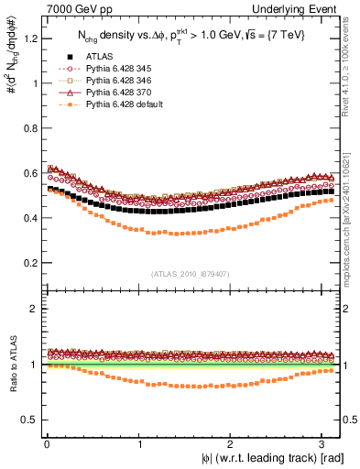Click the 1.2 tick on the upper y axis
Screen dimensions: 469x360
point(33,38)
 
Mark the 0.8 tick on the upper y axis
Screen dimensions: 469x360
point(33,128)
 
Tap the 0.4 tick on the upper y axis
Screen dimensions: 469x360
point(33,218)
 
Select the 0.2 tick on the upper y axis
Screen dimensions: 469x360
point(33,263)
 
